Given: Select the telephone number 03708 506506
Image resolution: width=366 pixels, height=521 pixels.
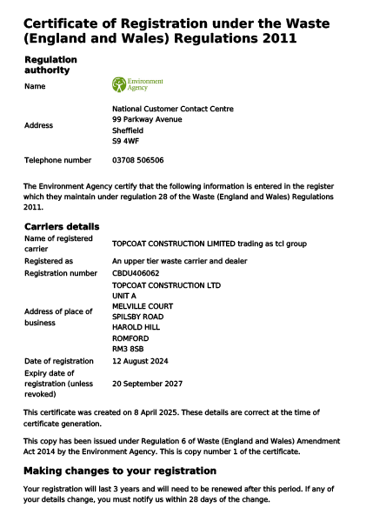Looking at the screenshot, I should tap(138, 161).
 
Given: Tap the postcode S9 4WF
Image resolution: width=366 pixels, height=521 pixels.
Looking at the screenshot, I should tap(125, 140).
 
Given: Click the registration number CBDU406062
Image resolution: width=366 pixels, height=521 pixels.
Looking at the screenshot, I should tap(136, 273).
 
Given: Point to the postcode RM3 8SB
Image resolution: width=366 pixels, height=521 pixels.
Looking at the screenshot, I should tap(128, 348).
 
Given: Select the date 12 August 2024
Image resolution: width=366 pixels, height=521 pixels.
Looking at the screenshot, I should tap(140, 361).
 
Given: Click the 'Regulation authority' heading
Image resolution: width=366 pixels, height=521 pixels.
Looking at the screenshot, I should tap(50, 64).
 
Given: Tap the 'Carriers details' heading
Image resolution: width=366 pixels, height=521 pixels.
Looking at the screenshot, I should tap(62, 226).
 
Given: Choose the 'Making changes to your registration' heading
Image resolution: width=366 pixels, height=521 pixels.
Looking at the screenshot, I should tap(119, 471).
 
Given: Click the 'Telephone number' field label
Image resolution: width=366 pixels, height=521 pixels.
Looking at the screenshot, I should tap(57, 161).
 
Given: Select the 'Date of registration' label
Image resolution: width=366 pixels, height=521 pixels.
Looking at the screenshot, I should tap(58, 361).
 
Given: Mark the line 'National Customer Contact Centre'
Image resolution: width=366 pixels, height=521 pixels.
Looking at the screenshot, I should tap(173, 109).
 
